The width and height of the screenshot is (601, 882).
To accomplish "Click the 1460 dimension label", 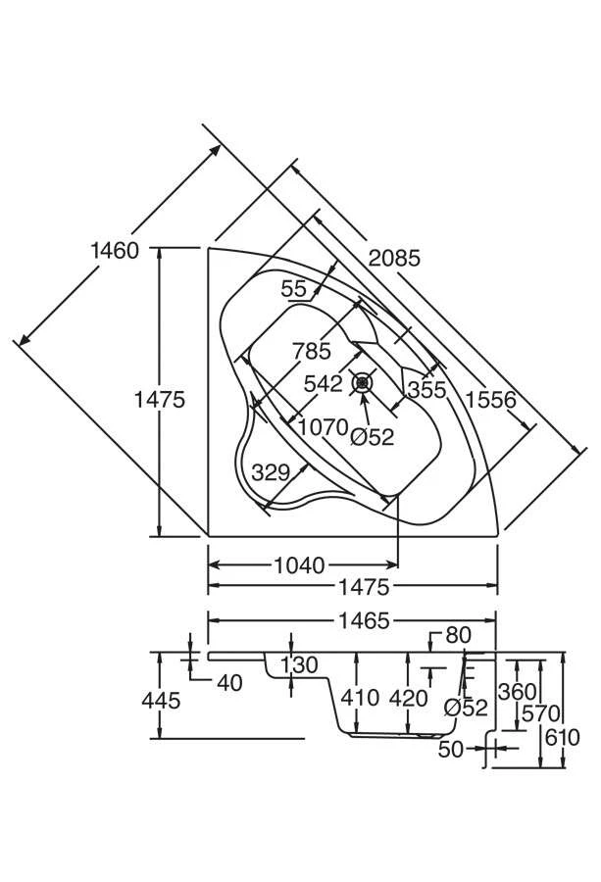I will click(x=114, y=250).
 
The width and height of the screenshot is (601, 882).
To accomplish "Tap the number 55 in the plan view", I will click(x=293, y=288).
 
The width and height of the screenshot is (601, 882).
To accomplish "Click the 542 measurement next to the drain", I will click(x=323, y=383).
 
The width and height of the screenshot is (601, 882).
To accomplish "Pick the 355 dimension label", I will click(x=426, y=389).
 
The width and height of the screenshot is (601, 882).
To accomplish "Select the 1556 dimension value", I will click(x=492, y=400).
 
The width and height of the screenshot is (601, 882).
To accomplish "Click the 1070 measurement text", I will click(x=324, y=427).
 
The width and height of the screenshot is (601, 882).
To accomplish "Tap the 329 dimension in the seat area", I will click(x=270, y=471).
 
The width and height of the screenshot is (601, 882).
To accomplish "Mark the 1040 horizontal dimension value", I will click(x=299, y=565).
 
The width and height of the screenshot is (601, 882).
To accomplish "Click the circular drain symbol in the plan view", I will click(x=364, y=381).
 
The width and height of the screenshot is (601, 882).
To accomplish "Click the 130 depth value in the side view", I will click(x=298, y=665).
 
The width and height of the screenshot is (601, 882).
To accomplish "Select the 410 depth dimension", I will click(x=360, y=699).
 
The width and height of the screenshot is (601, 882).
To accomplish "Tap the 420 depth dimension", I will click(x=409, y=699).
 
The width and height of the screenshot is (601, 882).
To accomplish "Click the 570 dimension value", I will click(x=540, y=713).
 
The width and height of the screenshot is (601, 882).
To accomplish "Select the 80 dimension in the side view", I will click(x=458, y=635).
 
